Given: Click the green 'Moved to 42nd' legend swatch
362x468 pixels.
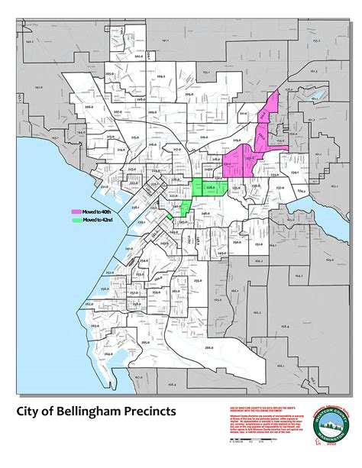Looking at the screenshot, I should (76, 220).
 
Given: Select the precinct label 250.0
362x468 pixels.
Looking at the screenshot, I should (238, 242).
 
